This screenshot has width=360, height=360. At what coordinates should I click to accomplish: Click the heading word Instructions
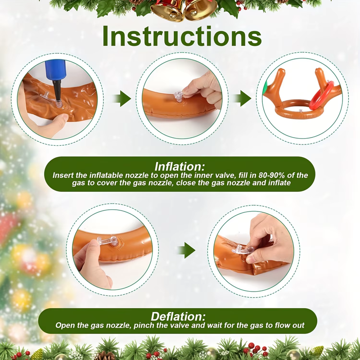(x=182, y=36)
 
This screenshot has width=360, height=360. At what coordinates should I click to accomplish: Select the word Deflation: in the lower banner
(x=178, y=316)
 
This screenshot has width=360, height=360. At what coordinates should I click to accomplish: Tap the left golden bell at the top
(x=166, y=10)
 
